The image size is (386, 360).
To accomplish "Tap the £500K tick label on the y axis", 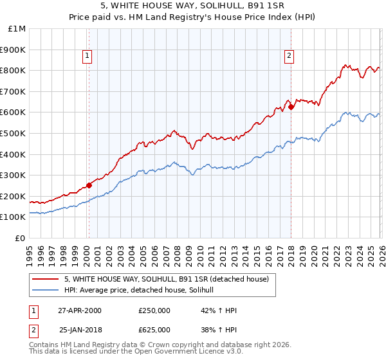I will point(13,133).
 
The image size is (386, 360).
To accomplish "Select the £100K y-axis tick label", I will point(13,217).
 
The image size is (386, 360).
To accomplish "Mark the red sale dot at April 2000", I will point(89,186).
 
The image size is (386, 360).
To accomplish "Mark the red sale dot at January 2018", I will point(291,107).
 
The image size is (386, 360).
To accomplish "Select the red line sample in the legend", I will point(46,279).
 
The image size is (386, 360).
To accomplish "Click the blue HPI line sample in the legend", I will point(46,291).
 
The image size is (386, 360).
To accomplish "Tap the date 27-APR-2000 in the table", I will point(80,310).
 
